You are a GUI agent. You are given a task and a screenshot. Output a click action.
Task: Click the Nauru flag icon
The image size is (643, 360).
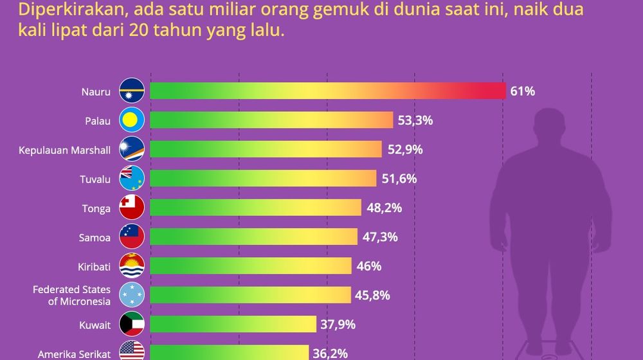pos(132,91)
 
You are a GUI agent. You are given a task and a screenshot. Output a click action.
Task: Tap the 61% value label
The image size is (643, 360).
pos(522,91)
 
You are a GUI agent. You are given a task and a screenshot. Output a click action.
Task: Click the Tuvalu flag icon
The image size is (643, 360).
pos(132,179)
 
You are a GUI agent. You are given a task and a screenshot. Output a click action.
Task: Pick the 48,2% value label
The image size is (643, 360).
pos(384,208)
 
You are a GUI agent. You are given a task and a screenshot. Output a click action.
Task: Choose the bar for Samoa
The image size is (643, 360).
pos(253,237)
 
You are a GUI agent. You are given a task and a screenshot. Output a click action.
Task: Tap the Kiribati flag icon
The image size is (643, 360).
pos(132,266)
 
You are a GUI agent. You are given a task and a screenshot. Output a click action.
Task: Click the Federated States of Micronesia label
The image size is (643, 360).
pos(71,295)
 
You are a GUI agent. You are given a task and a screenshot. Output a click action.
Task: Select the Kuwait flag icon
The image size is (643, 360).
pos(132,325)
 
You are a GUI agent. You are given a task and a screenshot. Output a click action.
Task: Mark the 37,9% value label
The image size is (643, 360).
pos(338,325)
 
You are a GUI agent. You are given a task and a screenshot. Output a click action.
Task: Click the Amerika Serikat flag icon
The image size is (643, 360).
pos(132,352)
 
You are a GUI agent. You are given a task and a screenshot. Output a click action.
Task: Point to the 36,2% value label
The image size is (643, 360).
pos(332,353)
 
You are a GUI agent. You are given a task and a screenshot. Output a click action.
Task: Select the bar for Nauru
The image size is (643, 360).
pos(327,91)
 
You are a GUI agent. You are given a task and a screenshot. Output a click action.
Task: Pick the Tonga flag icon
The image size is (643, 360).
pos(132,208)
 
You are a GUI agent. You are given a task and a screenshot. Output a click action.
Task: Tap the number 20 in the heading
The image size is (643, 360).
pos(140,30)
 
